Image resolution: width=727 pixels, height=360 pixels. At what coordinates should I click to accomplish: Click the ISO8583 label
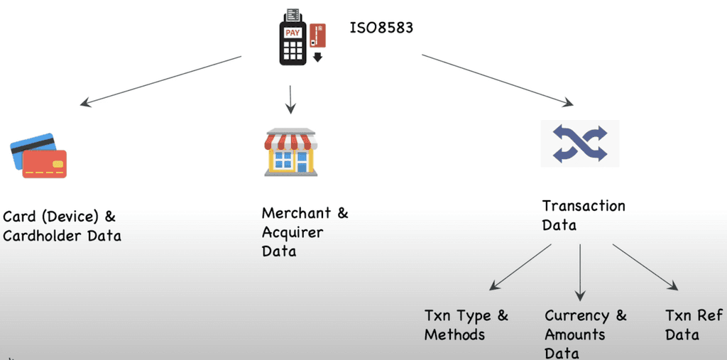383,29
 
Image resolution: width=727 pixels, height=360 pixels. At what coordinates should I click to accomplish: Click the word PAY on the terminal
292,33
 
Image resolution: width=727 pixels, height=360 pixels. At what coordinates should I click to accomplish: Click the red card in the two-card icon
44,163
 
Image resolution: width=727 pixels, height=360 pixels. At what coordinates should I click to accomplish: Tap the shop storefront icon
290,152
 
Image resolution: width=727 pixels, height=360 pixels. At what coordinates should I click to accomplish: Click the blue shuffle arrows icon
580,143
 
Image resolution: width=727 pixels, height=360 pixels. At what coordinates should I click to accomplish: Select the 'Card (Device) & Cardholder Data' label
61,226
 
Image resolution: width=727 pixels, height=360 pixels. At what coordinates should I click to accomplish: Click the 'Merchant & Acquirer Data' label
305,232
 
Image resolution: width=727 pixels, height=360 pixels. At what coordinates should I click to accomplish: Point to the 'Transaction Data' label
584,215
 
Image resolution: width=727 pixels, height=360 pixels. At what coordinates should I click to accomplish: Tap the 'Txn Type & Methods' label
466,324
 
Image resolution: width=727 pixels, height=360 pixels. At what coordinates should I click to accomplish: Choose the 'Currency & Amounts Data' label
586,334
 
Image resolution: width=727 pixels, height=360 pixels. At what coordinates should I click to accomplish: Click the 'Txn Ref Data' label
694,324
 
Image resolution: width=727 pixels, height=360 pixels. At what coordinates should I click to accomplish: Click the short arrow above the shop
290,99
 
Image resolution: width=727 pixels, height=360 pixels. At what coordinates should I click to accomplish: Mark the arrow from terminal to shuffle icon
497,80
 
